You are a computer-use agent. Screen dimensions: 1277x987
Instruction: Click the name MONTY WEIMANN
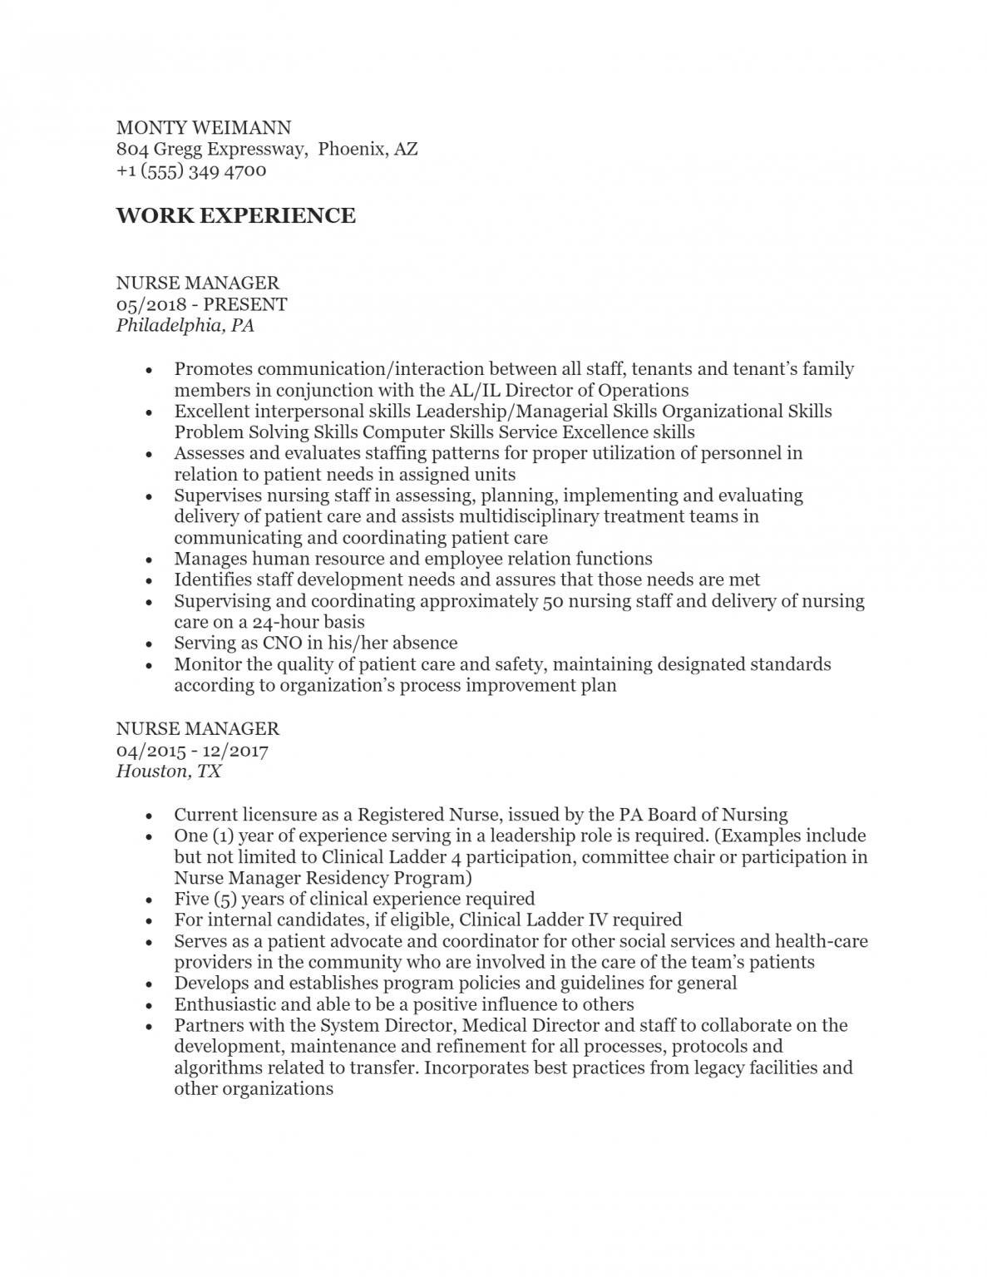coord(204,127)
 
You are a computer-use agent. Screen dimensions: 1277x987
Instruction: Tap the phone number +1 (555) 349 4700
coord(191,170)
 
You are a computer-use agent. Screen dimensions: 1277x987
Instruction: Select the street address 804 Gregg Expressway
coord(211,149)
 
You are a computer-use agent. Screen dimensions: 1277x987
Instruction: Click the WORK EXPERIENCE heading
coord(235,215)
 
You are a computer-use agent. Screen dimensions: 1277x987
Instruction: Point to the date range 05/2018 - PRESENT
coord(201,303)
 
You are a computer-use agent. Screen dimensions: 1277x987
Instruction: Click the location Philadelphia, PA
coord(185,325)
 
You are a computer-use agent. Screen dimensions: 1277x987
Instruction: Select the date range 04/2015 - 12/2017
coord(192,750)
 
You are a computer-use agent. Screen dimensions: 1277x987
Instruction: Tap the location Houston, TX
coord(169,772)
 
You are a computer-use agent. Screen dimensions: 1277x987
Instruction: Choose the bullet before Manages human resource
coord(148,560)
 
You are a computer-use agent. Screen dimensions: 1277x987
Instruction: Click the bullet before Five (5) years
coord(148,900)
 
